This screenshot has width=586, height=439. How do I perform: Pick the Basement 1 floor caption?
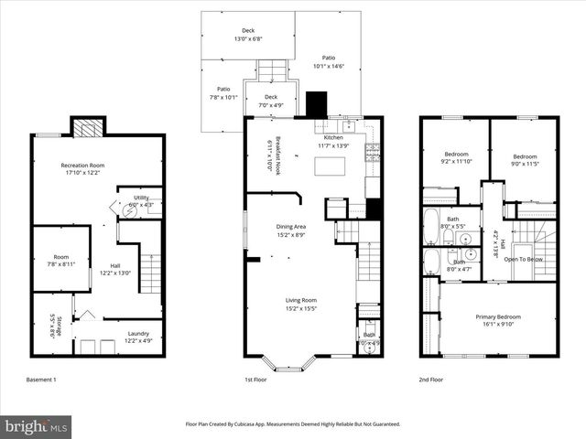click(x=42, y=379)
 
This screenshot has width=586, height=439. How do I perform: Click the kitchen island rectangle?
click(x=331, y=166)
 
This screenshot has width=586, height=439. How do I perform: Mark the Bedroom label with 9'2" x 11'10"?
click(x=456, y=157)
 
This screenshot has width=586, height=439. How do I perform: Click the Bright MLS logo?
click(x=37, y=426)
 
